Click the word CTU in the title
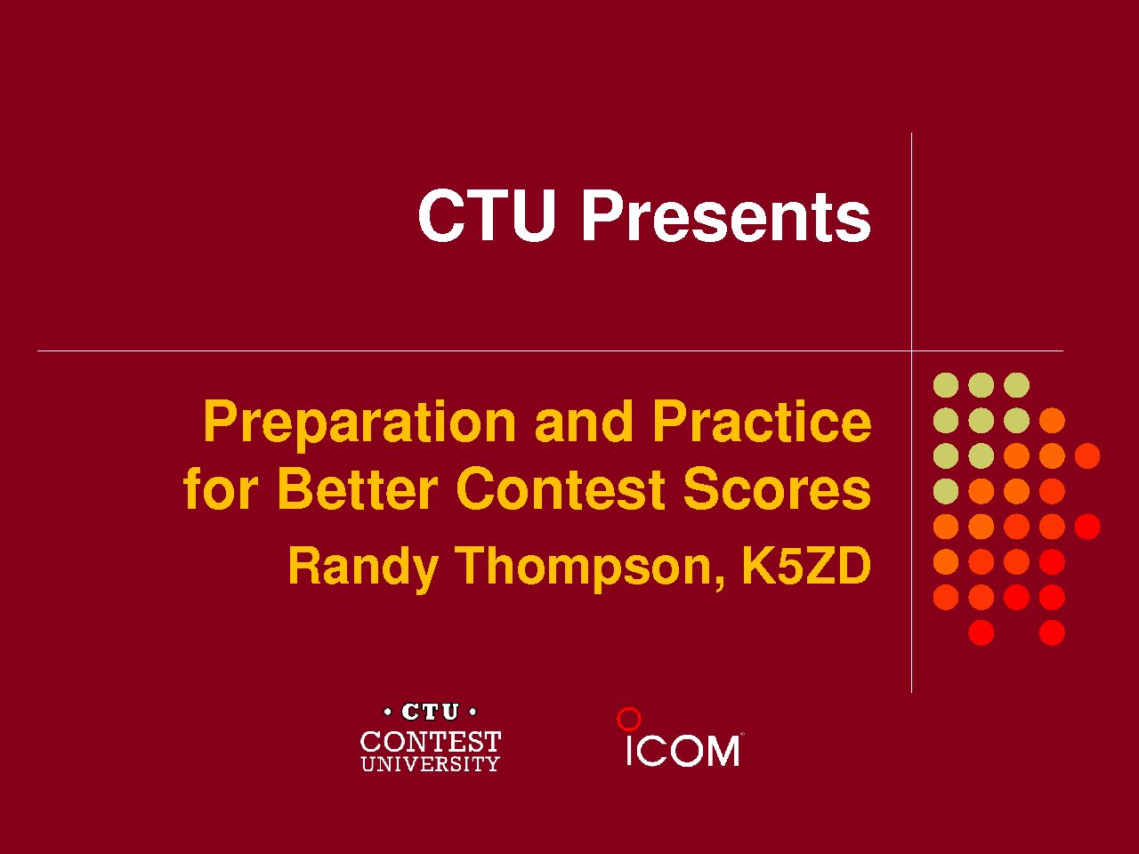click(487, 215)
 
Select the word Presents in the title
click(726, 215)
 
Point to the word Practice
click(762, 421)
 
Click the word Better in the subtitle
click(358, 488)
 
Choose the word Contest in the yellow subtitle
click(561, 488)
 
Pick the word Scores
click(777, 488)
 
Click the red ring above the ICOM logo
click(629, 719)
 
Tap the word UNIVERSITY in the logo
click(430, 764)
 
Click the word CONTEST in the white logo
click(431, 742)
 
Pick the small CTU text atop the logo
click(430, 712)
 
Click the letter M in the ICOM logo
click(722, 751)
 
